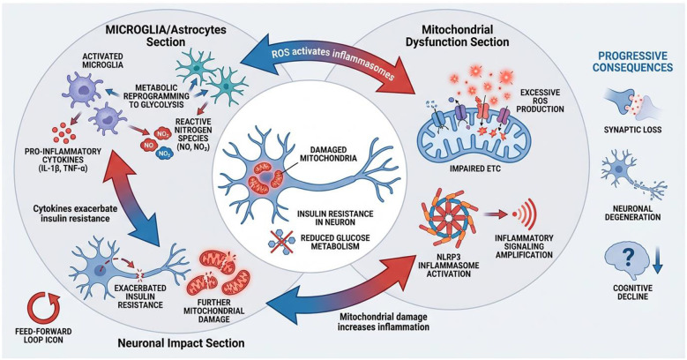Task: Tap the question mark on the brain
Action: [627, 259]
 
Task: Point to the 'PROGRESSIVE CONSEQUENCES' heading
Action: [636, 62]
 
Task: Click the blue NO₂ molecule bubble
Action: [164, 154]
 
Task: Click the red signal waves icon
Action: [525, 214]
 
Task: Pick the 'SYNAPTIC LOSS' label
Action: [632, 130]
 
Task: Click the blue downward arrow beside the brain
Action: [657, 262]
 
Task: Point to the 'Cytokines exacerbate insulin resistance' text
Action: [71, 214]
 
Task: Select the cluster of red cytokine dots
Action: [63, 134]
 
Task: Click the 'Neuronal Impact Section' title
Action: [181, 342]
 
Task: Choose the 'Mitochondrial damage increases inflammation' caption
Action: [384, 322]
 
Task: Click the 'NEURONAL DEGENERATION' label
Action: [632, 214]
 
